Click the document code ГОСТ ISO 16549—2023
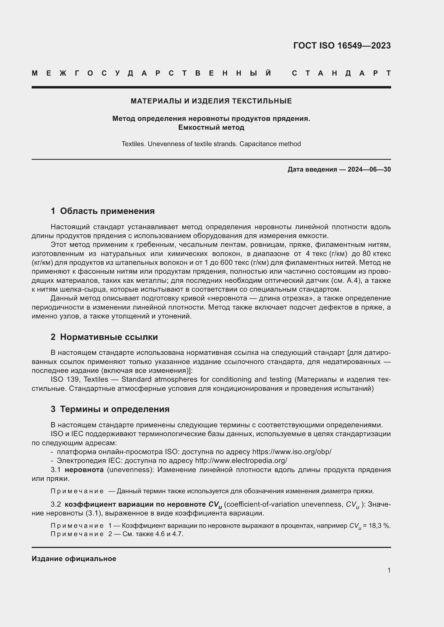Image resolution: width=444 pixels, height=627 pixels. (x=342, y=46)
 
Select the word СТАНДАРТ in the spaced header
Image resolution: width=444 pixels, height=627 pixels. (x=341, y=73)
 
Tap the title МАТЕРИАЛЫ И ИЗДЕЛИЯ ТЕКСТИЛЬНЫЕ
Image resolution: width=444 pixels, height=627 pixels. (x=211, y=101)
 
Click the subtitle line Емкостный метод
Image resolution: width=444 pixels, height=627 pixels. (x=211, y=128)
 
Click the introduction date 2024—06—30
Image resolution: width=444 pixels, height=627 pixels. (x=369, y=170)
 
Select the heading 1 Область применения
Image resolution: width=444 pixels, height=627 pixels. (x=103, y=211)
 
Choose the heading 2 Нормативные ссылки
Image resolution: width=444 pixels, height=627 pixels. (x=104, y=337)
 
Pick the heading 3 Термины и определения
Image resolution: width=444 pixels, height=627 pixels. (x=110, y=409)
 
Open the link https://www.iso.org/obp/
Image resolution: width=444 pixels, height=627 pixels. (x=292, y=452)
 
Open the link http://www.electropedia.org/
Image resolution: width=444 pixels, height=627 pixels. (x=241, y=461)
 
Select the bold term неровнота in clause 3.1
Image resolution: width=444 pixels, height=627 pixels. (x=84, y=470)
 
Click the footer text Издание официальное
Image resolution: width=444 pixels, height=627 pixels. (x=74, y=559)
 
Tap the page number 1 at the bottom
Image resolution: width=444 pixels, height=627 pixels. (x=389, y=570)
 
